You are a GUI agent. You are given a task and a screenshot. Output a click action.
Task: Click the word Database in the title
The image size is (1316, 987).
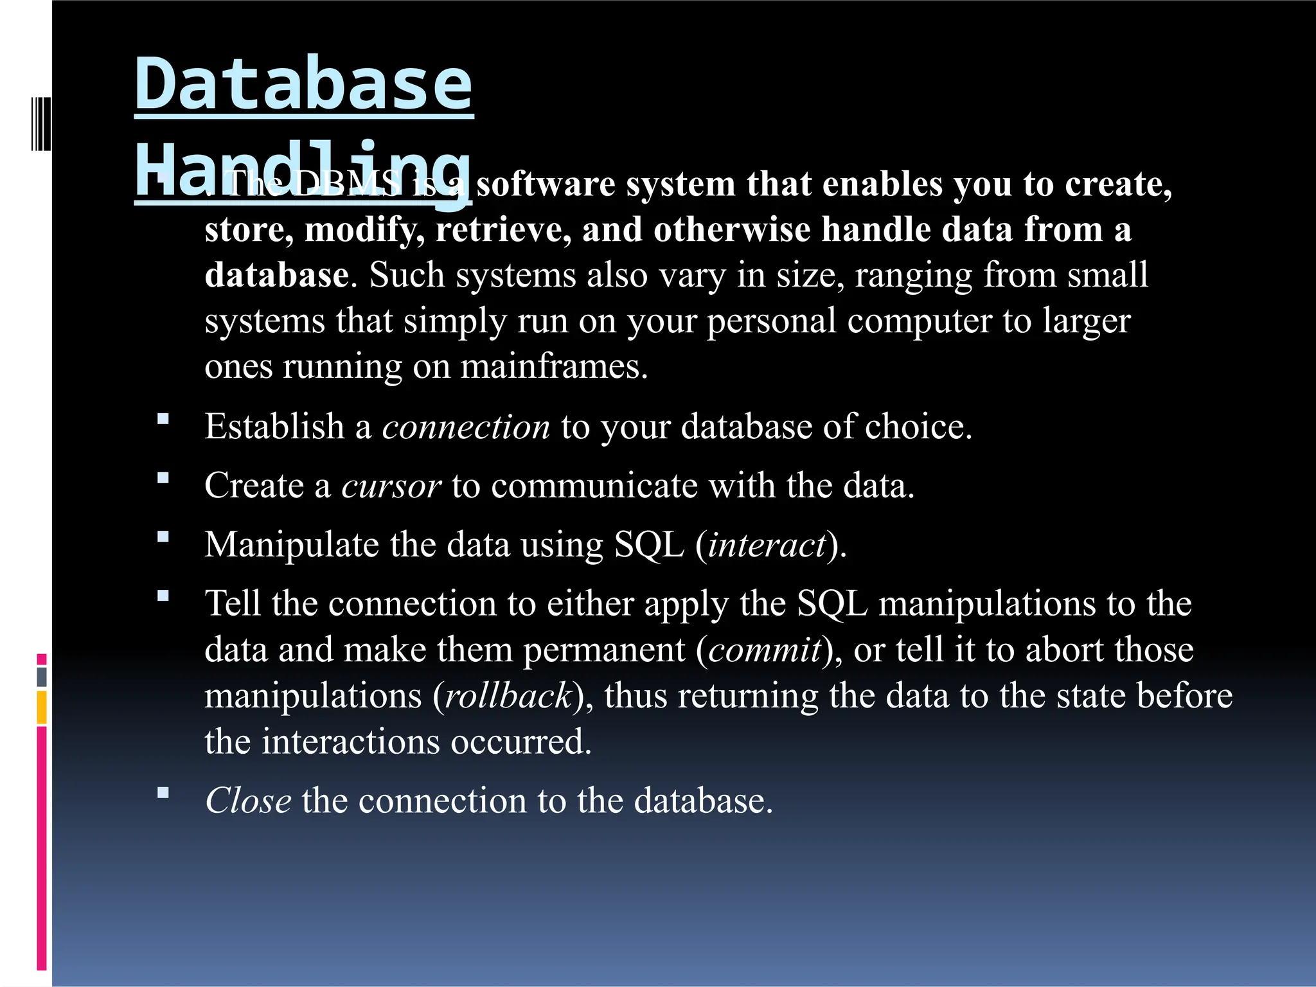tap(303, 84)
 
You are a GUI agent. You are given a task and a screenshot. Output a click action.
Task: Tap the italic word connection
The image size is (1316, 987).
tap(466, 427)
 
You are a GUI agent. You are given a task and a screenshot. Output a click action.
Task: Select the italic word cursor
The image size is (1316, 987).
tap(391, 486)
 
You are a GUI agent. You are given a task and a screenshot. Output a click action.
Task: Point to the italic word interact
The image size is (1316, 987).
tap(767, 545)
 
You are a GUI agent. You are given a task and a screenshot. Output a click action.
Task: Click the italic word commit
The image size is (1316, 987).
tap(765, 650)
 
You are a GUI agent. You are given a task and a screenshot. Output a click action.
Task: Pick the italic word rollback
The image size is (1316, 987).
tap(508, 696)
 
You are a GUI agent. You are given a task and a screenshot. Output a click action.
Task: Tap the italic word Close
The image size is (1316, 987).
tap(248, 801)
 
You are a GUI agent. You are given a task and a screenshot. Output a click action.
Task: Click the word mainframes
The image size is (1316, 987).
tap(554, 367)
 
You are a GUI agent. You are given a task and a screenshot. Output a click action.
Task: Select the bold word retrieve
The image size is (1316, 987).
tap(503, 229)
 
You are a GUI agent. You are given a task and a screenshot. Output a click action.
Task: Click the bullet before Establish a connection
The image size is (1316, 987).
tap(163, 420)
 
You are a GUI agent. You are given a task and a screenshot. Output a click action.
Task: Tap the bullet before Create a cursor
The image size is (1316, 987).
tap(163, 478)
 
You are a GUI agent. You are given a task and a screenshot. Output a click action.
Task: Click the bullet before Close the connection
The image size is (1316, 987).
tap(163, 793)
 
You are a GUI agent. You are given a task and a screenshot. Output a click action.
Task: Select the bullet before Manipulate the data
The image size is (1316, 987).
tap(163, 537)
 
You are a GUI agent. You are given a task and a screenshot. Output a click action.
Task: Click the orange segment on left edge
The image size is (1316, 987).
tap(42, 707)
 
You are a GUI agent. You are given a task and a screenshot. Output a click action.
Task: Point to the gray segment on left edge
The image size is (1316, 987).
tap(42, 677)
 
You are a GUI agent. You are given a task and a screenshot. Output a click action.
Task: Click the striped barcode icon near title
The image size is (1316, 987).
tap(41, 123)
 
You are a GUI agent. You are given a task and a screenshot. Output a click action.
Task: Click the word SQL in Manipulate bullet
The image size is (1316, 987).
tap(649, 545)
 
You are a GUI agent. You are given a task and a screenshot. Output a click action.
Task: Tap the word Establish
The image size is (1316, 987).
tap(274, 427)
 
